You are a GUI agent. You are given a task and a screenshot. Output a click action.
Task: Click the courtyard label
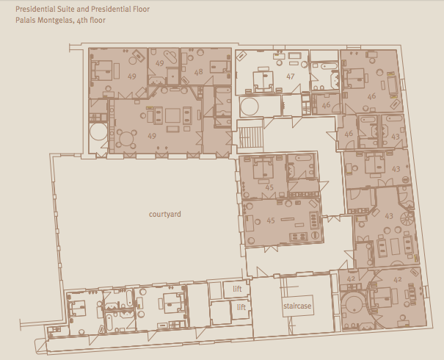click(x=165, y=214)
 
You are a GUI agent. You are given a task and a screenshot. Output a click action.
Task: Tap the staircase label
click(x=297, y=306)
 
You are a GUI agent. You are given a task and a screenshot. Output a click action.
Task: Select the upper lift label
click(x=237, y=289)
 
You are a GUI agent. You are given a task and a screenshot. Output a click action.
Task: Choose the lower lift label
click(x=241, y=307)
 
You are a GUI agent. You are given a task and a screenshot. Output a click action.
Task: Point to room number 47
click(x=291, y=76)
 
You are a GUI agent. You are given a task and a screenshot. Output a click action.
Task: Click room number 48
click(x=198, y=72)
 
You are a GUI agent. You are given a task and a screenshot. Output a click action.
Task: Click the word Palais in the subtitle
click(x=25, y=20)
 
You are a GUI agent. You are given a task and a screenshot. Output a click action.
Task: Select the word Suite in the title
click(x=66, y=9)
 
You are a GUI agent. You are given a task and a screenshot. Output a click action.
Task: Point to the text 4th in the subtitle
click(x=82, y=21)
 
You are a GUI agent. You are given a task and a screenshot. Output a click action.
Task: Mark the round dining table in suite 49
click(x=126, y=139)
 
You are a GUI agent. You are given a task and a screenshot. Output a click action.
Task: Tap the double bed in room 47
click(x=263, y=81)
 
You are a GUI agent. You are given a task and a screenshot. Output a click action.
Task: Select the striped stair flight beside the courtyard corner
click(x=250, y=137)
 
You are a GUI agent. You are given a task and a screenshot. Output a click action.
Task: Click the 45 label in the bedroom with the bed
click(x=269, y=187)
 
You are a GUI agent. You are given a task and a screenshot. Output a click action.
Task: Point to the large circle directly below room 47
click(x=250, y=107)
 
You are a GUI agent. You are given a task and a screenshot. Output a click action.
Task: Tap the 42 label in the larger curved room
click(x=398, y=279)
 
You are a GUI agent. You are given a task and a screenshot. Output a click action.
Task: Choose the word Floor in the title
click(x=142, y=9)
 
